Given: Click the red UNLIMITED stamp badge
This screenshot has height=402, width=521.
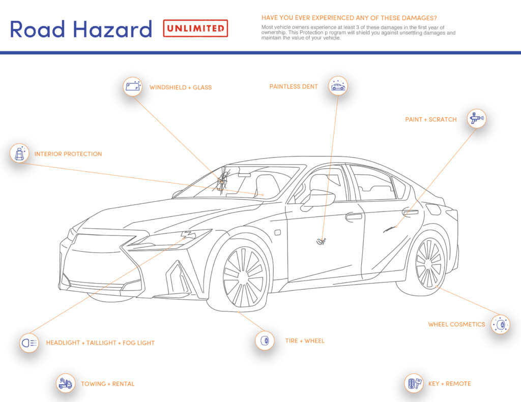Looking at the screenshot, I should (195, 28).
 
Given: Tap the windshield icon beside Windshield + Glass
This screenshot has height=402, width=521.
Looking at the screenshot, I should (133, 86).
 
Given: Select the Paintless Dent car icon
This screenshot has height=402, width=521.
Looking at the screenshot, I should (337, 86).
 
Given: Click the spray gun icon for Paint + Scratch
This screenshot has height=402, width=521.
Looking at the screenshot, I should (476, 119).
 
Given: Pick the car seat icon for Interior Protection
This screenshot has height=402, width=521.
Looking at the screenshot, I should (20, 153).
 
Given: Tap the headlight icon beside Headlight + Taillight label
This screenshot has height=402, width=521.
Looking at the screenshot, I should (29, 343).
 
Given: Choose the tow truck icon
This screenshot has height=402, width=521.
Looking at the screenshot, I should (65, 383).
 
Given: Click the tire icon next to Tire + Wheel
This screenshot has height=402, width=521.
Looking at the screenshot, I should (265, 340).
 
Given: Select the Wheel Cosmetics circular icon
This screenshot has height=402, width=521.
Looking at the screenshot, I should (500, 324).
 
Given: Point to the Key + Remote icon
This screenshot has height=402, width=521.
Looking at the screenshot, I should (414, 383).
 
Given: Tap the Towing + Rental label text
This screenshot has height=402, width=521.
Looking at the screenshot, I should (108, 384).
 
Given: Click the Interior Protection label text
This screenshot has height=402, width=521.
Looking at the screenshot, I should (68, 154).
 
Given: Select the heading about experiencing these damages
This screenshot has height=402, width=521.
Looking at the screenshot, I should (349, 18).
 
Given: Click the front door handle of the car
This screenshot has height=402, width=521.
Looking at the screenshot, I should (354, 217).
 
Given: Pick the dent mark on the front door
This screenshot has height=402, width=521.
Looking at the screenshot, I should (321, 241).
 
